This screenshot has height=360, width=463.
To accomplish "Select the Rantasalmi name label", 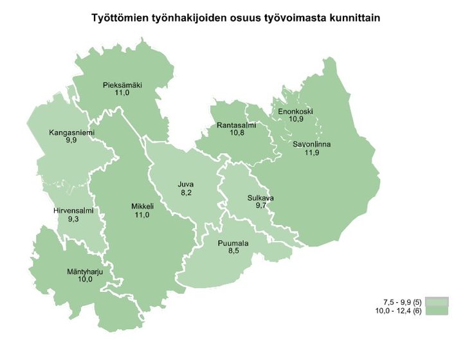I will pos(236,125).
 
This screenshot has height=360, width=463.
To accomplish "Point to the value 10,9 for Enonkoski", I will pos(295,120).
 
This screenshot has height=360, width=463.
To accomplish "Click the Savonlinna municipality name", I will pos(311,145).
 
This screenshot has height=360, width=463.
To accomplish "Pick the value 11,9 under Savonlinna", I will pos(311,152).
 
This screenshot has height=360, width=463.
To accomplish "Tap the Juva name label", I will pos(185,184).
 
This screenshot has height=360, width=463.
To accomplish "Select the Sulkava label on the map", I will pos(260,198).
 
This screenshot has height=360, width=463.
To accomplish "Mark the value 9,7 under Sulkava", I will pos(260,206).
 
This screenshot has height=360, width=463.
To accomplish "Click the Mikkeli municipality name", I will pos(141,206).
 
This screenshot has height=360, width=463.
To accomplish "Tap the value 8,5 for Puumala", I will pos(233,251).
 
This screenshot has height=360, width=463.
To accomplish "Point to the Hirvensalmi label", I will pos(74,211).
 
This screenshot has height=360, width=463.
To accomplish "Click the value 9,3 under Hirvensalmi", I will pos(74,219).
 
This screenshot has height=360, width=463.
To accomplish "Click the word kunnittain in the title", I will pos(350,19).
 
